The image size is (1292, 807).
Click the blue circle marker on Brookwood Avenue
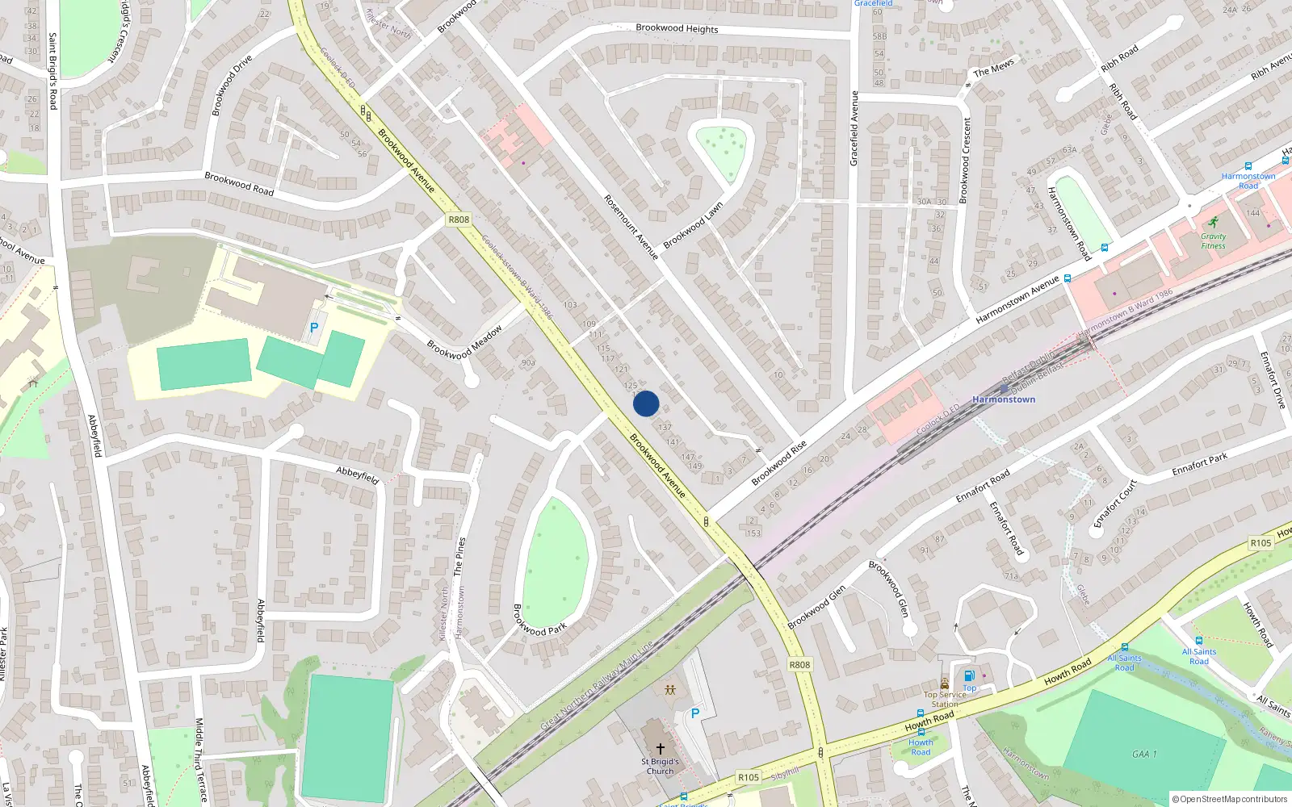[x=646, y=403]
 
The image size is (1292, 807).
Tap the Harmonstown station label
[x=1004, y=399]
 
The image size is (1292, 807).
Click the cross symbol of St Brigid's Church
[x=661, y=749]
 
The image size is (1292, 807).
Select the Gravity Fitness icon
[x=1213, y=223]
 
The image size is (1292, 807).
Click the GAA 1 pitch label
[x=1143, y=755]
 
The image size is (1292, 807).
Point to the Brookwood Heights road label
[x=677, y=28]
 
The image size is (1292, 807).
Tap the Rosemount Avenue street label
[x=631, y=227]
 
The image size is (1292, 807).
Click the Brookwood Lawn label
[x=693, y=226]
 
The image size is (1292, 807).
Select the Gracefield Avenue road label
[x=854, y=128]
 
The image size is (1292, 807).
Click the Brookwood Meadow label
[x=464, y=342]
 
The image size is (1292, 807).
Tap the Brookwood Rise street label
[x=778, y=463]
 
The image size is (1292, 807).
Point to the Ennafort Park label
[x=1199, y=464]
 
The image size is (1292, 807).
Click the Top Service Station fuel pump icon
[x=969, y=675]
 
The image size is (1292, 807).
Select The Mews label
[x=993, y=69]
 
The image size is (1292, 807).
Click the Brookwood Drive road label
[x=232, y=85]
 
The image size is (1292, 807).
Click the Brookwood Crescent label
[x=965, y=161]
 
